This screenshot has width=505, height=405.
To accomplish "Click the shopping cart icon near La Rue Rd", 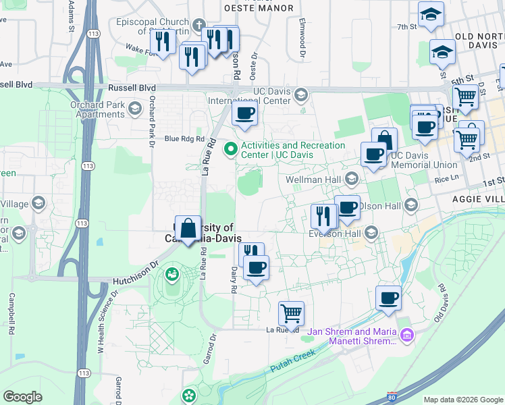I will coord(291,313).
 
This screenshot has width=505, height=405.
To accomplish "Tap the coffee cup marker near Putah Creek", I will coord(388,297).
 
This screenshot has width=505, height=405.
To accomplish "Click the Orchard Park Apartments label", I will coord(98,109).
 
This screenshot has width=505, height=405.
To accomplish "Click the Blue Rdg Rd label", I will coord(184,139).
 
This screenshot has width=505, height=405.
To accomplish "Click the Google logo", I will coord(22,397).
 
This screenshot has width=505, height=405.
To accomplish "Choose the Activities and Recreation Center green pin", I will coord(231,148).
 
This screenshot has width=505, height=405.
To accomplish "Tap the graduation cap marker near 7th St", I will coord(430,14).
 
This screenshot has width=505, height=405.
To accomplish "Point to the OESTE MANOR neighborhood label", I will coord(259,9).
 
